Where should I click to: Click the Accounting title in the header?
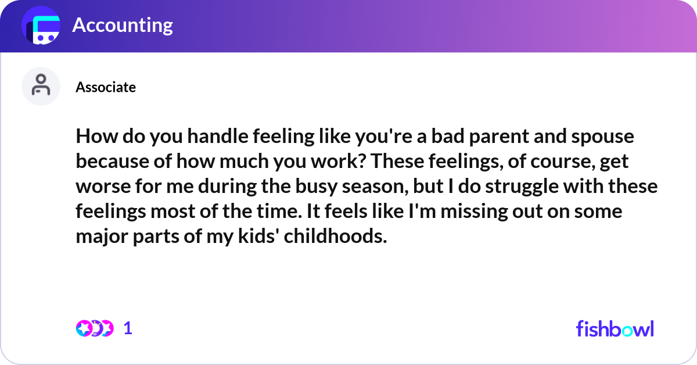coord(122,26)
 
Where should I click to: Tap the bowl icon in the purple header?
coord(41,26)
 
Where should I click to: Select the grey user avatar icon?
coord(41,86)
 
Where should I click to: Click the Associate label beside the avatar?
coord(106,87)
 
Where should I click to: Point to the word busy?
coord(353,187)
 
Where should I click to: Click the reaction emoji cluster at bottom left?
coord(94,328)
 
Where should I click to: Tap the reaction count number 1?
coord(128,328)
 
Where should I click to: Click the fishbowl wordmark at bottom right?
coord(615,328)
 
